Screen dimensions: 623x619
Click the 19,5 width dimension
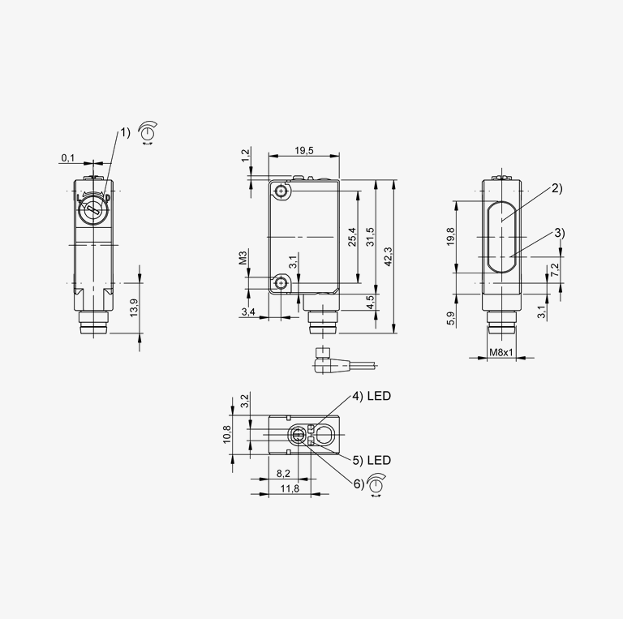[x=304, y=150]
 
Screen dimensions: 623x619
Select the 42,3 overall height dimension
[x=389, y=256]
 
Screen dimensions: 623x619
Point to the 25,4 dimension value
[x=352, y=237]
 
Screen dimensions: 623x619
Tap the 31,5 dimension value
[x=370, y=237]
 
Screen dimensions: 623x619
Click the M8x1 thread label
[x=501, y=352]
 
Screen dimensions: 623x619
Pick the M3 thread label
[x=243, y=257]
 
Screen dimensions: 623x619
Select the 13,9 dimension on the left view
[x=134, y=307]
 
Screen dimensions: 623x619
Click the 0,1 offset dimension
[x=67, y=157]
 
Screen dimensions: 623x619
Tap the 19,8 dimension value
[x=450, y=236]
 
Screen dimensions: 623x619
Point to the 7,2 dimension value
[x=555, y=270]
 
